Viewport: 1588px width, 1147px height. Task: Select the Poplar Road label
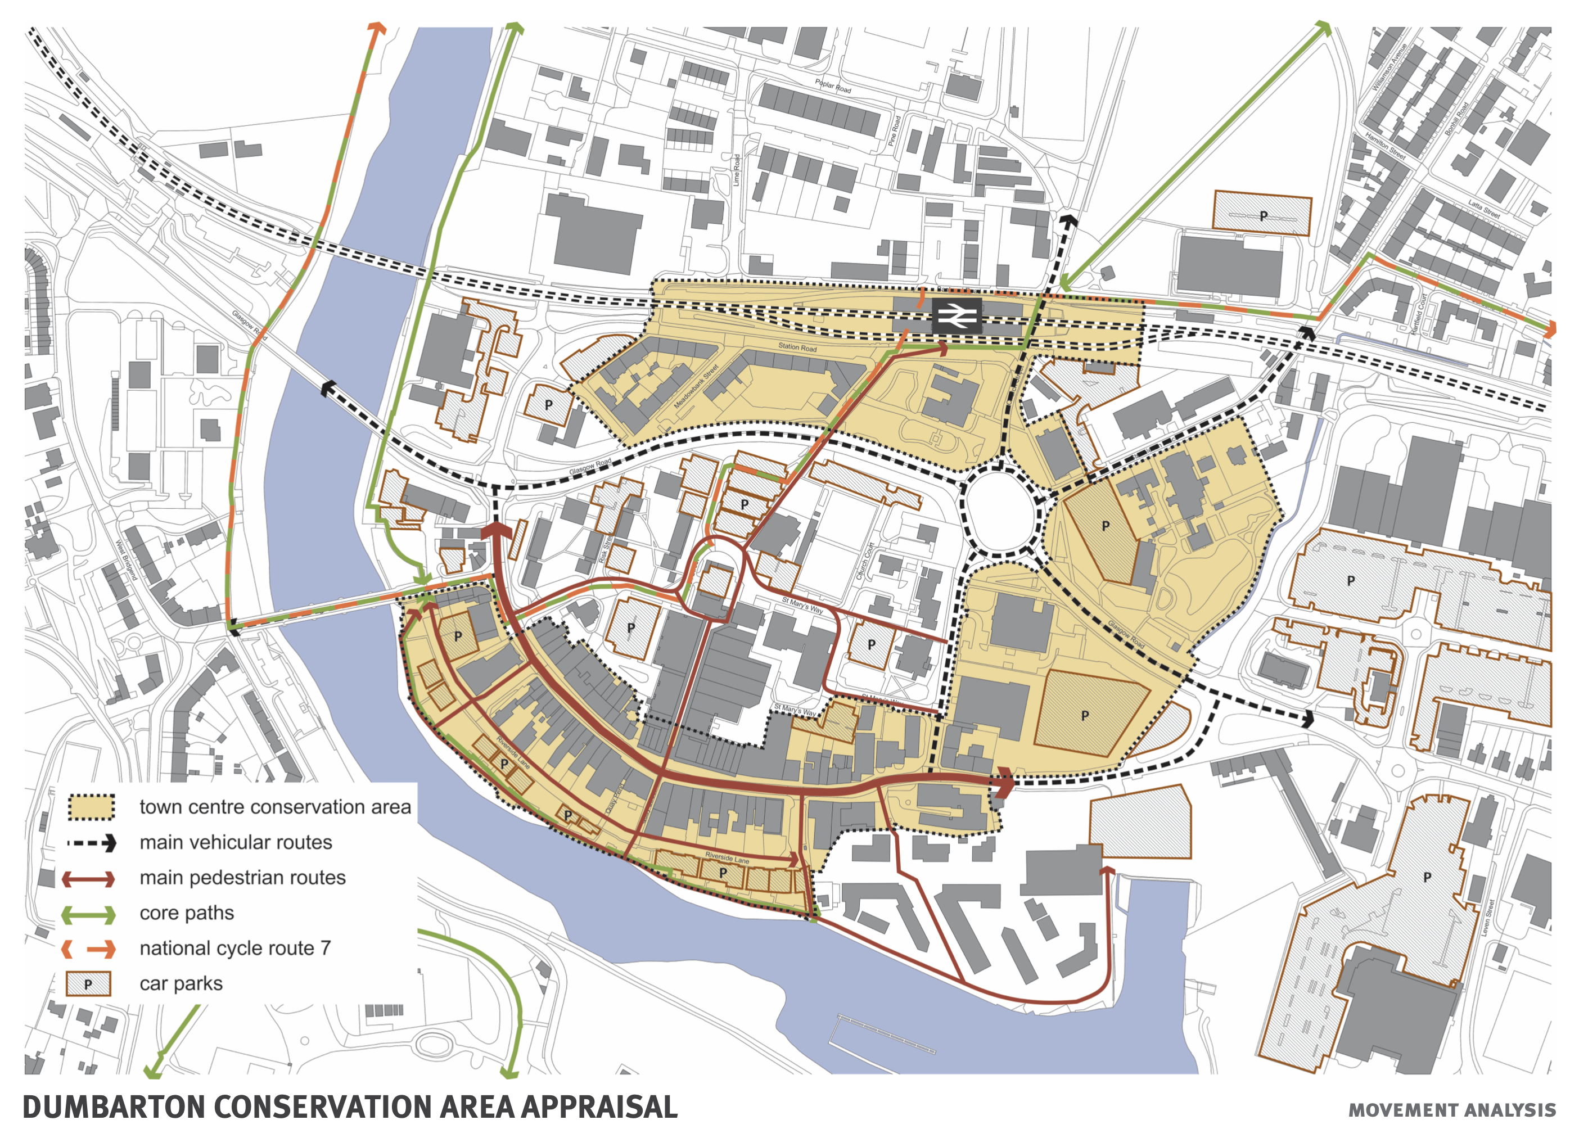pyautogui.click(x=832, y=85)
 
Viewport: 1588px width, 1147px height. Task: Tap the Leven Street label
pyautogui.click(x=1486, y=918)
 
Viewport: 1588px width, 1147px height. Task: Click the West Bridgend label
pyautogui.click(x=128, y=560)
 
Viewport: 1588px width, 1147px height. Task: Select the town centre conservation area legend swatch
pyautogui.click(x=91, y=807)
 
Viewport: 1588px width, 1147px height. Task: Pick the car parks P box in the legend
pyautogui.click(x=88, y=984)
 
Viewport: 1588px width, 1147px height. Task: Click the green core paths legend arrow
pyautogui.click(x=88, y=914)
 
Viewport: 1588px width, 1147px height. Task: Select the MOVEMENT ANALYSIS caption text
pyautogui.click(x=1451, y=1110)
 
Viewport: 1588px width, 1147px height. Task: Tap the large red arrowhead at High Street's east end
pyautogui.click(x=1005, y=783)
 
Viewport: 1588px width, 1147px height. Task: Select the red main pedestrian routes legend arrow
pyautogui.click(x=88, y=879)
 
